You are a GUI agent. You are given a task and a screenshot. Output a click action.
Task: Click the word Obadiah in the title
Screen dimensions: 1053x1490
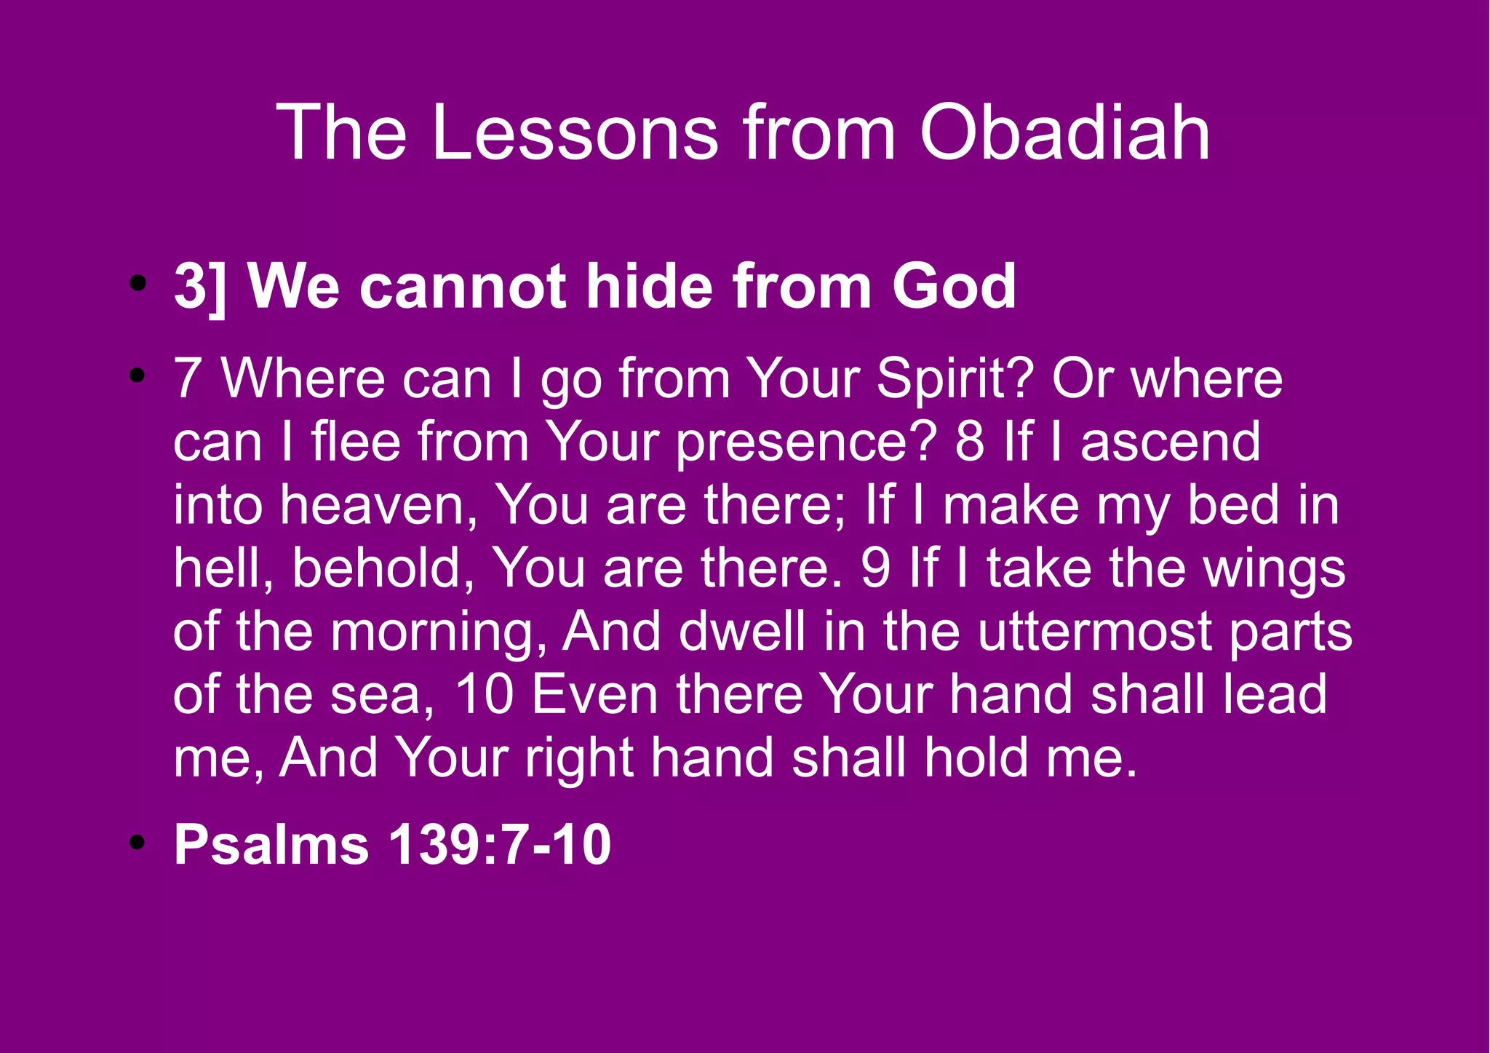[1064, 133]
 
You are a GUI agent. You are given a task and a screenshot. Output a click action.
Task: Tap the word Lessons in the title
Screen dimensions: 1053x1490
[575, 133]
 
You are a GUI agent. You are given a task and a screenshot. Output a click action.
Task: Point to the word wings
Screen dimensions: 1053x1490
[1274, 569]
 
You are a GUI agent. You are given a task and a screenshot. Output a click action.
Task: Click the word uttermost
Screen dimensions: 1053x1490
[1093, 632]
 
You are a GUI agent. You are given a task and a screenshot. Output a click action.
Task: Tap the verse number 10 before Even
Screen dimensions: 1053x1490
[485, 694]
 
